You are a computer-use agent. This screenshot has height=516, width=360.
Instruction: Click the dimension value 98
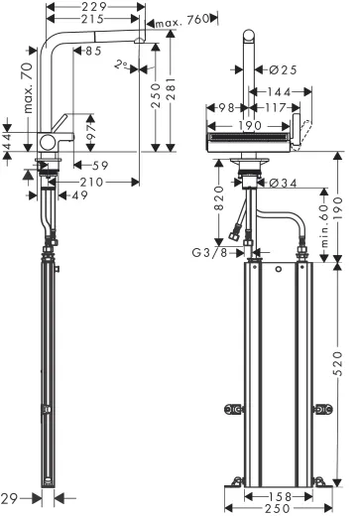223,108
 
